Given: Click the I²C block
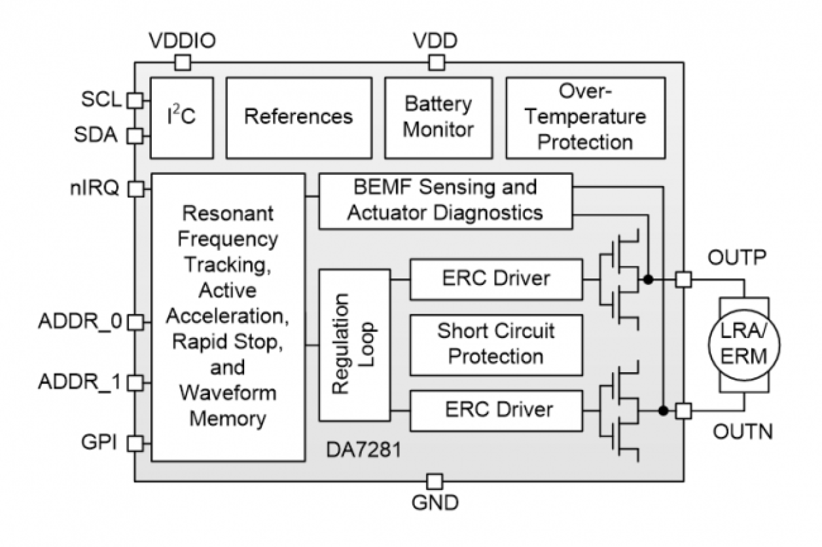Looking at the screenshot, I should coord(182,118).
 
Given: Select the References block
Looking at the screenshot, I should coord(298,118).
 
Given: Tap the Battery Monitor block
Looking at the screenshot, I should coord(438,118).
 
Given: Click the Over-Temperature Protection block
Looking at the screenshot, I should coord(586,118).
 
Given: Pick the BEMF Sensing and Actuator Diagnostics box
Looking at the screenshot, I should coord(446,200).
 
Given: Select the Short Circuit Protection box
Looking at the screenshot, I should coord(495,343).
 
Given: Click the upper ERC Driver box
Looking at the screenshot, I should coord(495,278).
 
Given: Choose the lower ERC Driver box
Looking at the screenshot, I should coord(495,410).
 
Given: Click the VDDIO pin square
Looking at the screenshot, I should coord(183,62).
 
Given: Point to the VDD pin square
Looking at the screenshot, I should coord(436,62).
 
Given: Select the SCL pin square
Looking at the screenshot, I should coord(134,100).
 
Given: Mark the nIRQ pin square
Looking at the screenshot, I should coord(134,189).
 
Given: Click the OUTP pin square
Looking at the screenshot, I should coord(683,280).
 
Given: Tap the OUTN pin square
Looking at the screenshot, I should coord(683,411).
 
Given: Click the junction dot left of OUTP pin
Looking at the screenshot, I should coord(649,280).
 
